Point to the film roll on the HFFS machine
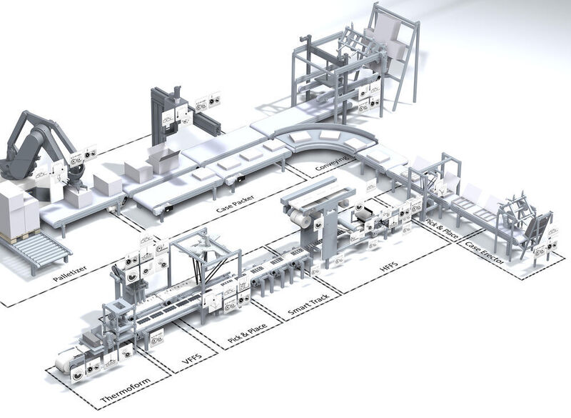click(305, 222)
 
